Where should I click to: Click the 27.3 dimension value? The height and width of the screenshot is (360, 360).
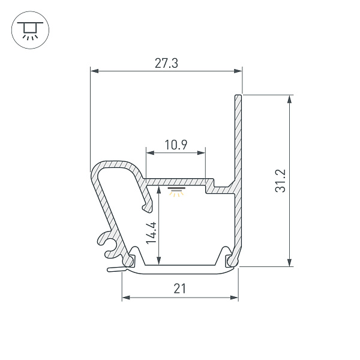pyautogui.click(x=166, y=64)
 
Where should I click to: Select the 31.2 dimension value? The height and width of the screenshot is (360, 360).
pyautogui.click(x=281, y=181)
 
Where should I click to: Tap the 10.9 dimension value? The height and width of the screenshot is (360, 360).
pyautogui.click(x=176, y=145)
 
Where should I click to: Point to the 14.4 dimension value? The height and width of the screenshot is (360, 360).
pyautogui.click(x=151, y=233)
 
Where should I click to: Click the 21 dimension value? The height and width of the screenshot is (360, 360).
pyautogui.click(x=179, y=289)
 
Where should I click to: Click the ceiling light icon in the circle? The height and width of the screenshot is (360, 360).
pyautogui.click(x=31, y=30)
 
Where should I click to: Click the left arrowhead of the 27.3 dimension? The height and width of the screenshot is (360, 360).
pyautogui.click(x=94, y=71)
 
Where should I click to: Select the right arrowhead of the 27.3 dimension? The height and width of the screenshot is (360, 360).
pyautogui.click(x=238, y=71)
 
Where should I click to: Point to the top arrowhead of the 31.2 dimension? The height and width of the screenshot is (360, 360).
pyautogui.click(x=290, y=99)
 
